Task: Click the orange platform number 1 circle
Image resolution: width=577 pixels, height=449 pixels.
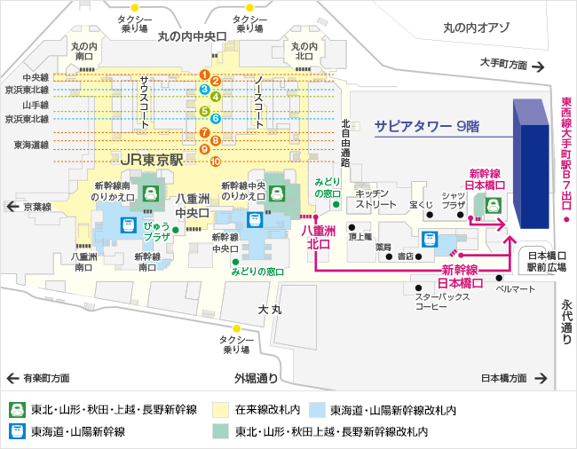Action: click(204, 75)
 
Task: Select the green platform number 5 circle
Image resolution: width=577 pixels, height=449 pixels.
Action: click(204, 111)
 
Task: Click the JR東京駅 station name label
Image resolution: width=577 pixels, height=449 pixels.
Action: click(151, 161)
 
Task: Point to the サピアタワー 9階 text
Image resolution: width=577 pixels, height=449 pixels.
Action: click(426, 127)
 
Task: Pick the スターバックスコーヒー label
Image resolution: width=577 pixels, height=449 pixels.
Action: click(443, 302)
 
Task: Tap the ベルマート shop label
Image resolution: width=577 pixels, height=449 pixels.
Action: click(516, 289)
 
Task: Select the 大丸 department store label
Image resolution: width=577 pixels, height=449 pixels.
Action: click(270, 310)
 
